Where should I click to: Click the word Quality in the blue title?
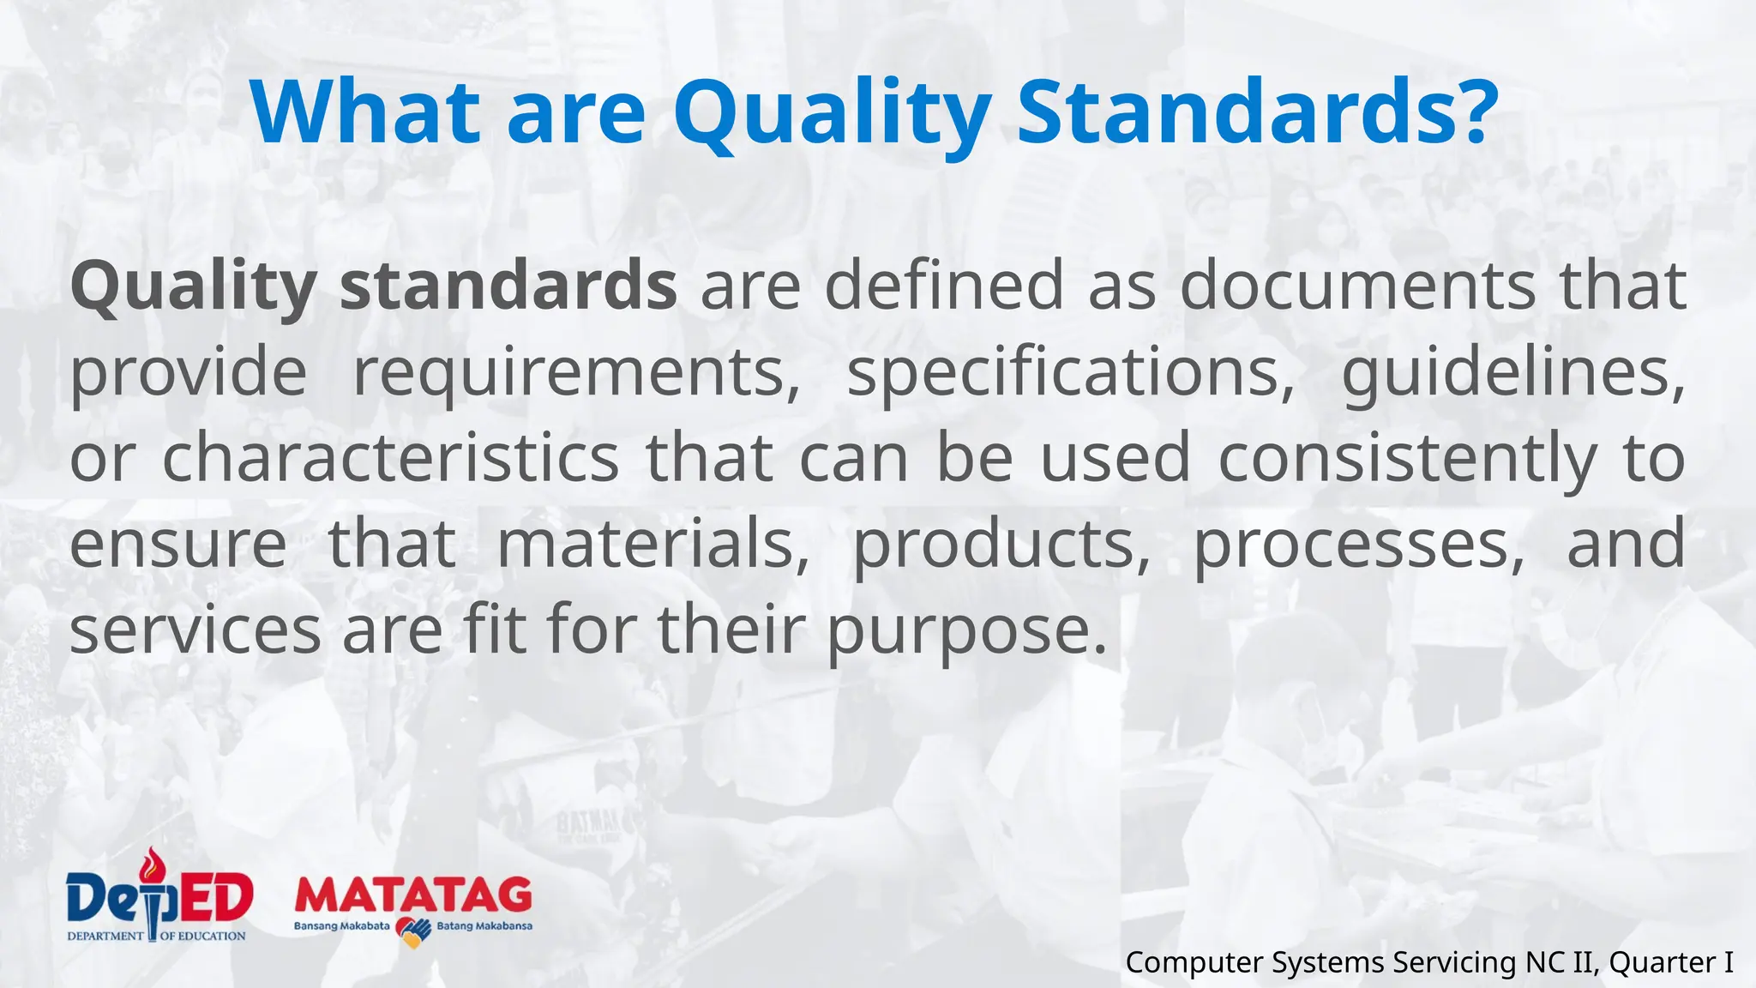point(832,114)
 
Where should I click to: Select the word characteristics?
point(390,458)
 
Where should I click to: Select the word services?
point(195,630)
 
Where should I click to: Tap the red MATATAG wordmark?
point(413,896)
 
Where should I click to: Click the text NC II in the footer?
point(1562,962)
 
